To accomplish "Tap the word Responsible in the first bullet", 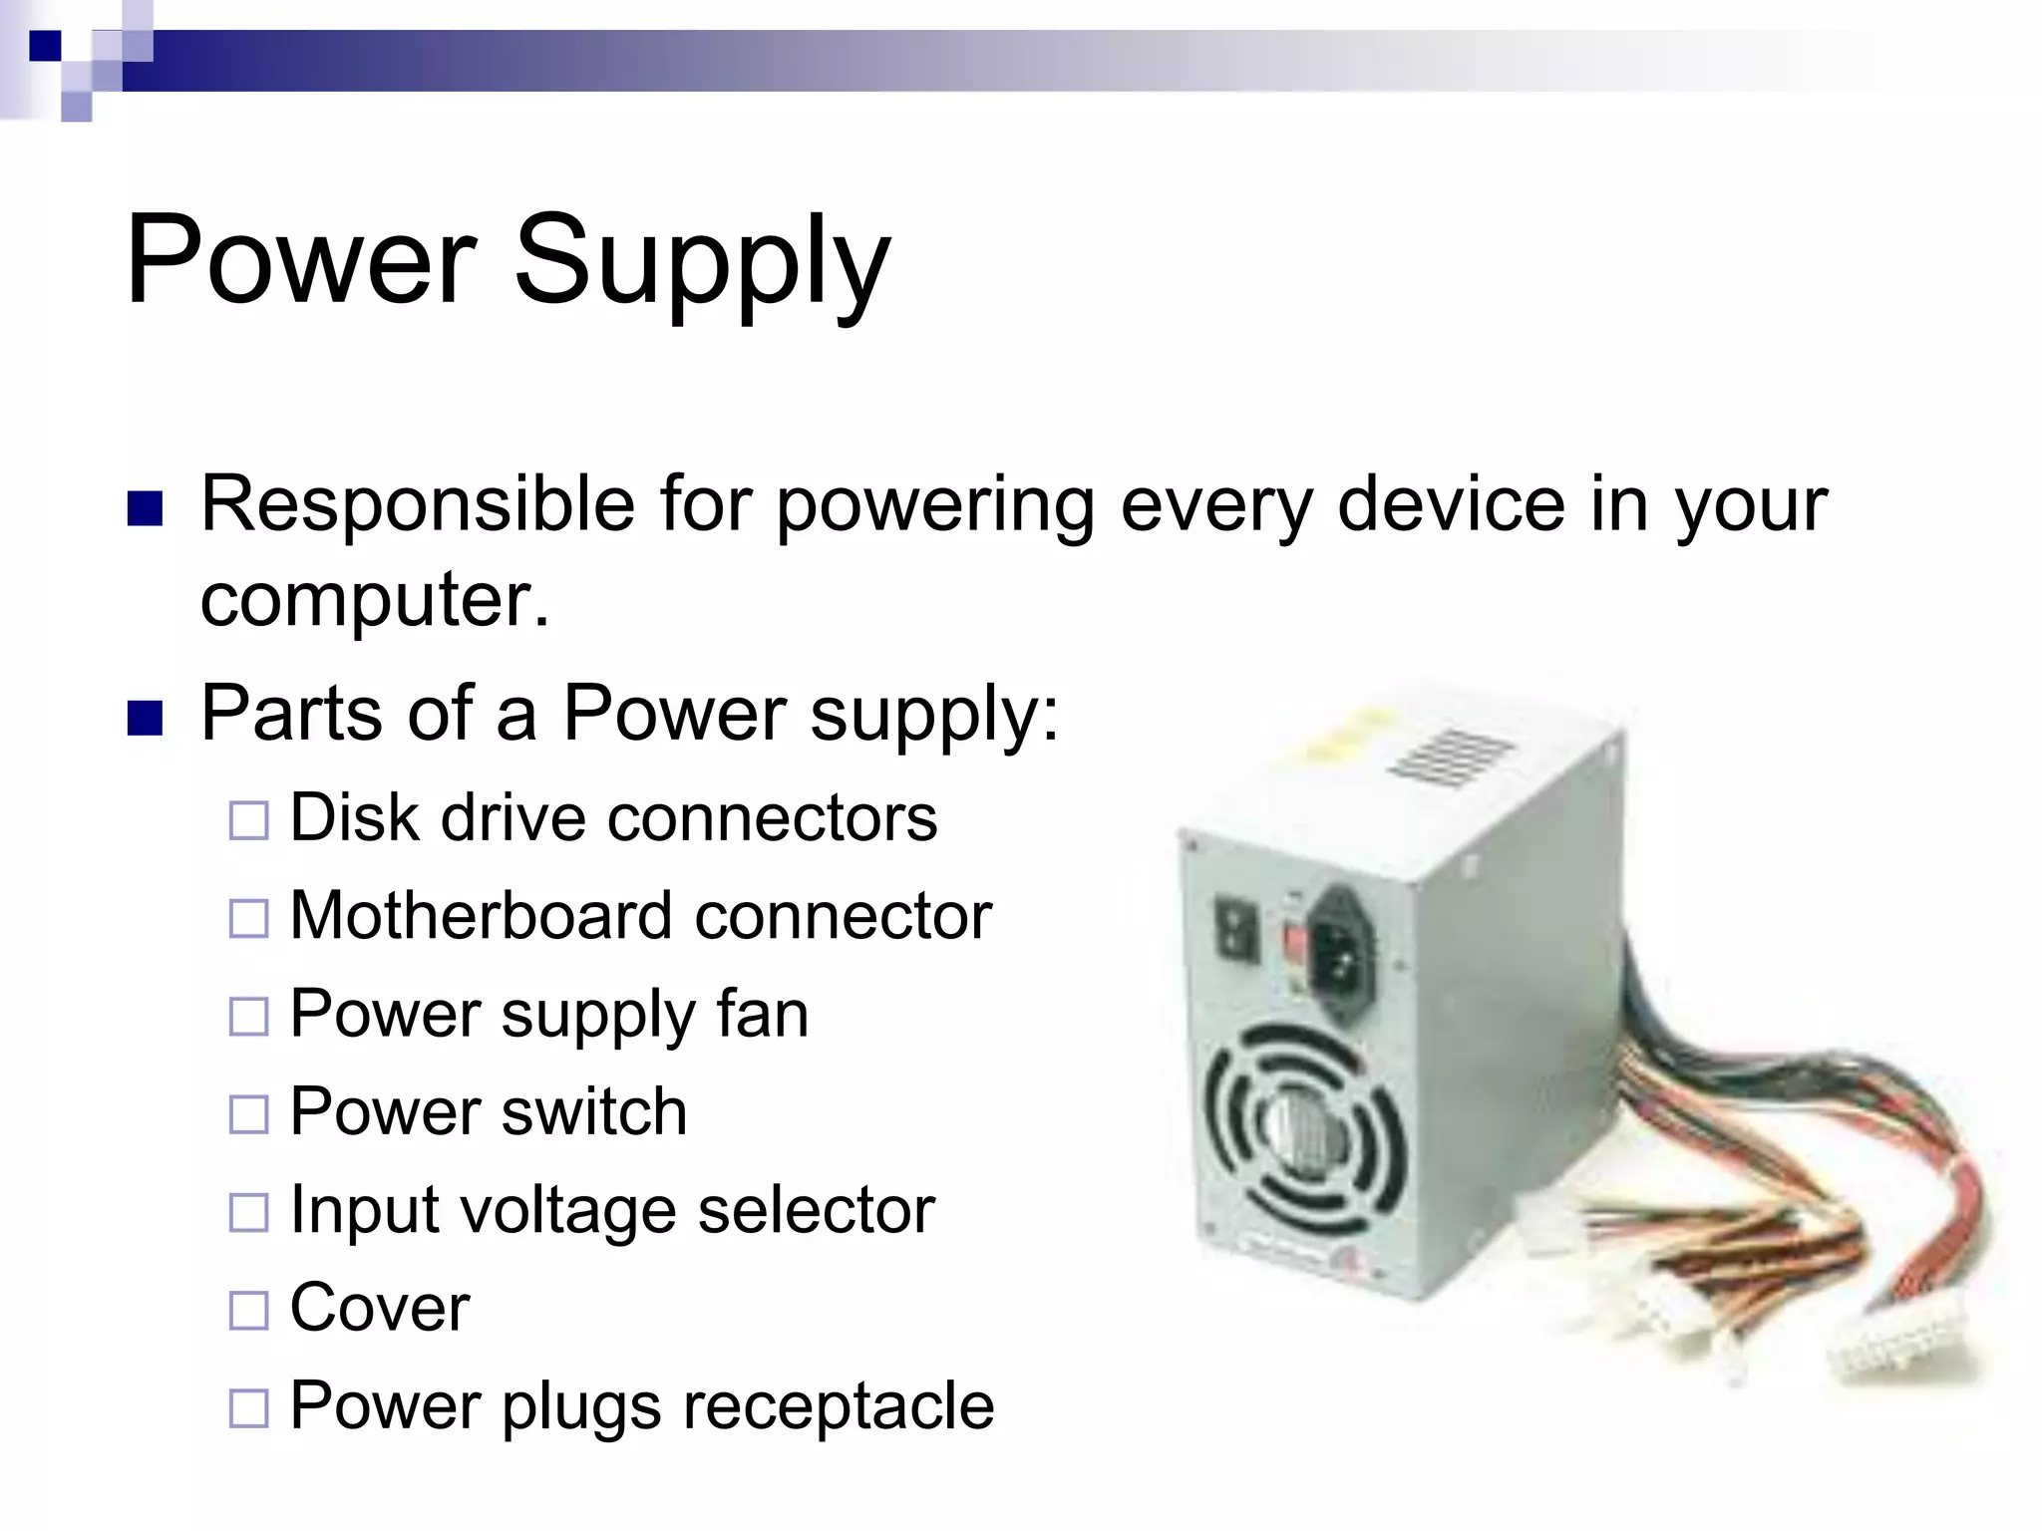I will [x=418, y=504].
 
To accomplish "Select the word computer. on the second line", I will [x=375, y=600].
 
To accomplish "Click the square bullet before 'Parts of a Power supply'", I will [x=146, y=718].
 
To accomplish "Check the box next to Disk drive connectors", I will [x=248, y=821].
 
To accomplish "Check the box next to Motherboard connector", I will [x=248, y=919].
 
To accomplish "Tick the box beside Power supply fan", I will [x=248, y=1017].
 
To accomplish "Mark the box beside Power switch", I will [x=248, y=1114].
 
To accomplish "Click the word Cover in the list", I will [x=379, y=1308].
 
